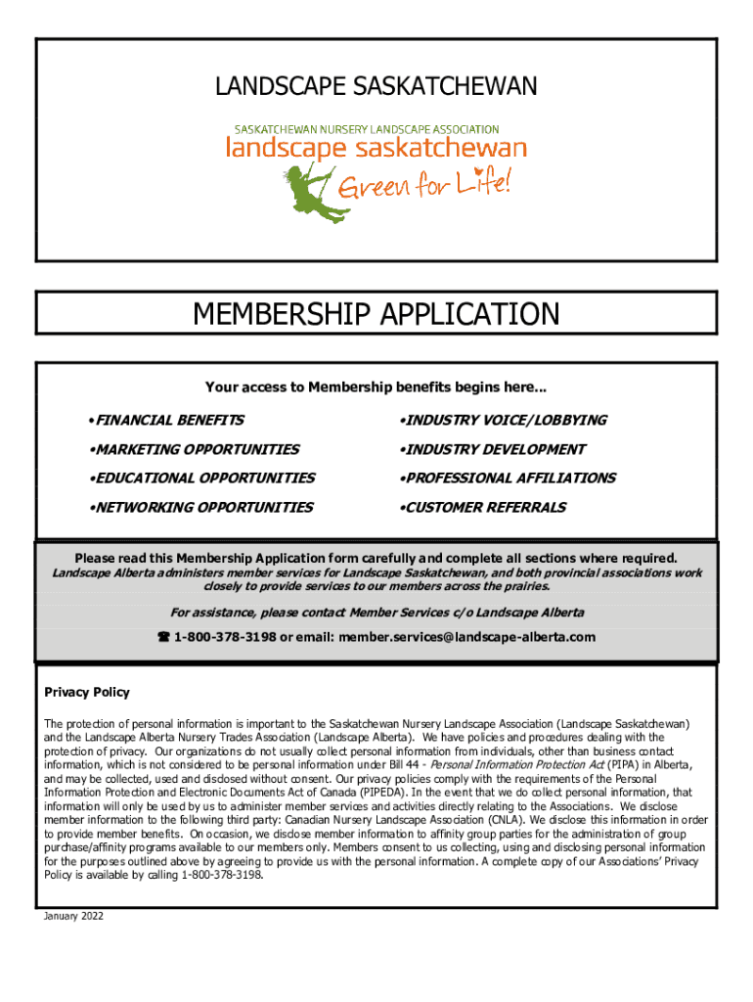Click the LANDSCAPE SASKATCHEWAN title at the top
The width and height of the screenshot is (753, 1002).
[376, 88]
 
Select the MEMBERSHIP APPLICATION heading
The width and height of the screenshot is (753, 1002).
[376, 314]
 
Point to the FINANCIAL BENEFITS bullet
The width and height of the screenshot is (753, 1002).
[165, 420]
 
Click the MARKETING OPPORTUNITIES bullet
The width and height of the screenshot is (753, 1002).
[193, 449]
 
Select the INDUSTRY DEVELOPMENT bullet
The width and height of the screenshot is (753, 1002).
[492, 449]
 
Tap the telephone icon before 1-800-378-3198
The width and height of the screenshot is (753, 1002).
[163, 637]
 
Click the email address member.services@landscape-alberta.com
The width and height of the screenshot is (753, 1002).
[466, 637]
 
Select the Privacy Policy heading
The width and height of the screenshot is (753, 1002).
[87, 692]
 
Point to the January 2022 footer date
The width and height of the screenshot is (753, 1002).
[73, 916]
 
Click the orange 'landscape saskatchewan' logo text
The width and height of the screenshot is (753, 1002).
[376, 149]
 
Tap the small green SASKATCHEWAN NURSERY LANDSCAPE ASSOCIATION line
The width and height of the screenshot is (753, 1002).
[366, 129]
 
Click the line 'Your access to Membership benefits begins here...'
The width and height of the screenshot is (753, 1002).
[376, 387]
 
